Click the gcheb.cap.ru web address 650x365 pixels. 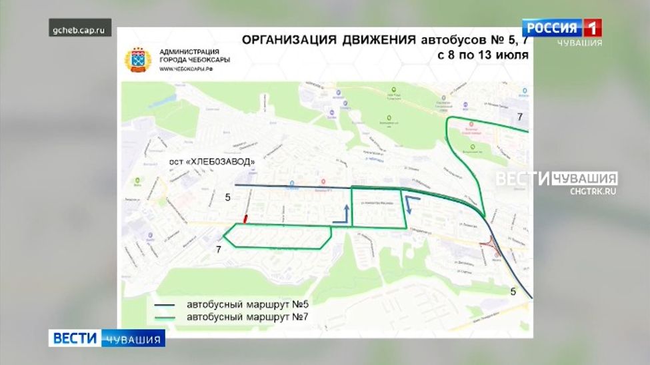tap(81, 30)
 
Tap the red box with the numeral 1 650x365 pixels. tap(592, 28)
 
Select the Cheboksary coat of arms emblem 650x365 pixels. tap(137, 60)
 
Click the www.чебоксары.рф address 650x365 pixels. tap(186, 69)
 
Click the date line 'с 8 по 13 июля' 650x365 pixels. tap(483, 56)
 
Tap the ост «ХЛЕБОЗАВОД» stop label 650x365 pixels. tap(210, 162)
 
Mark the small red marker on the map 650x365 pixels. tap(245, 218)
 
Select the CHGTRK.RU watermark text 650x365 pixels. tap(593, 191)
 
